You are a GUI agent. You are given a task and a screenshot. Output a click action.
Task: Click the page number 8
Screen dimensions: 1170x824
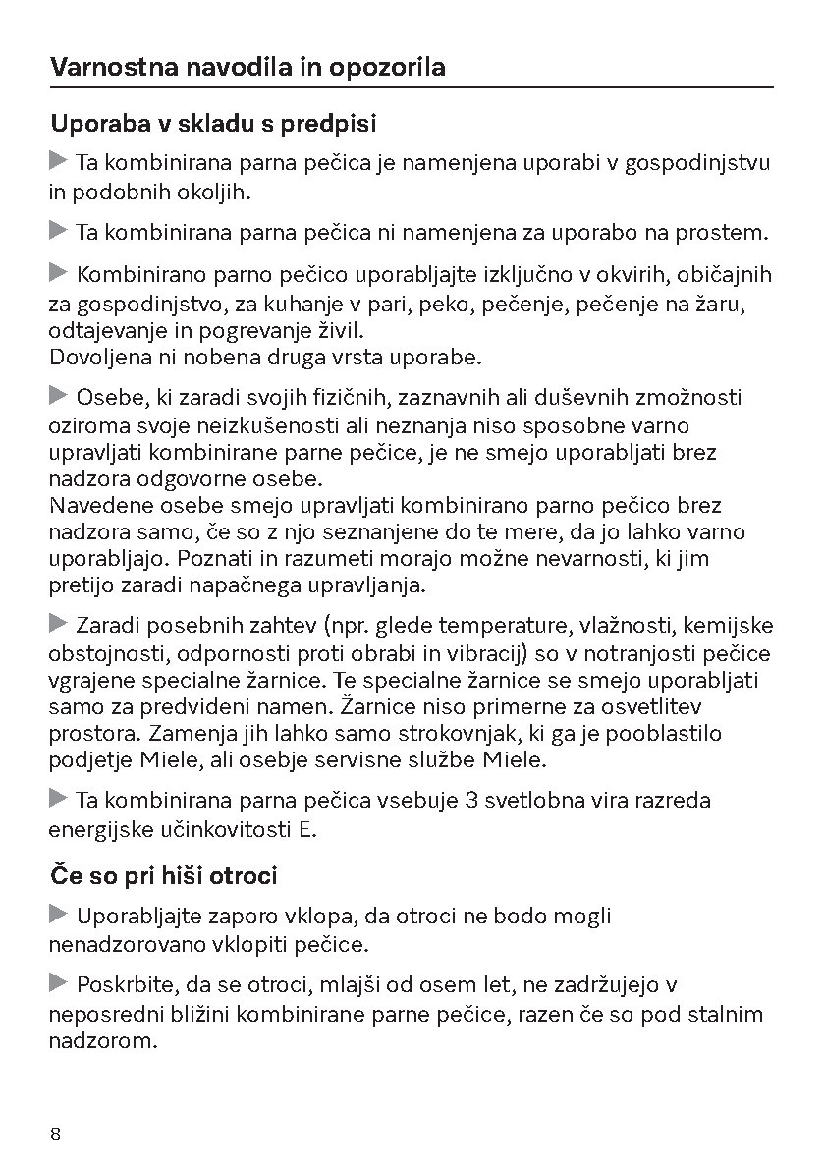(x=56, y=1133)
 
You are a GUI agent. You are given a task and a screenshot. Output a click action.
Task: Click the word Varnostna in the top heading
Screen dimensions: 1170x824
(x=98, y=68)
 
